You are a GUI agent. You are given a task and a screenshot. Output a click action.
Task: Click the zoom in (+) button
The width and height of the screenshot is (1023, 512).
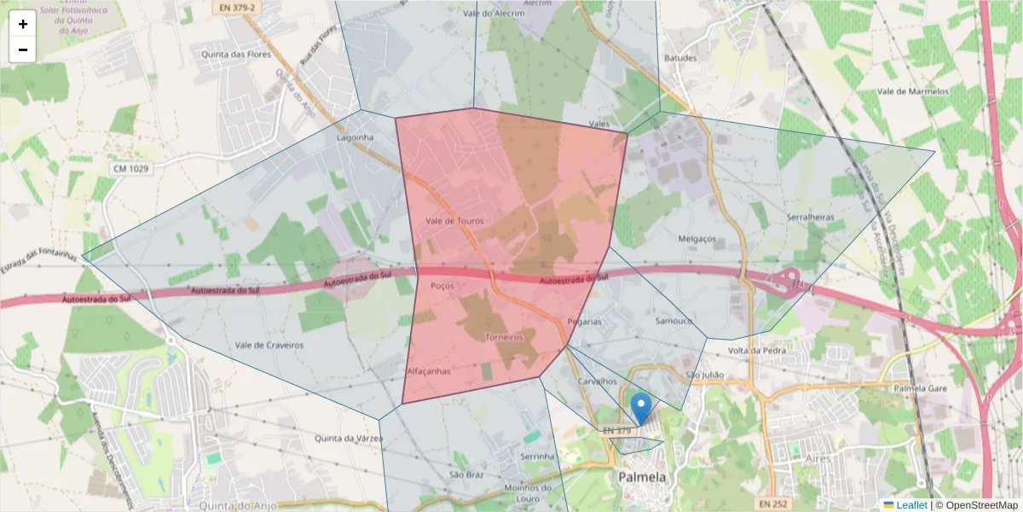click(23, 24)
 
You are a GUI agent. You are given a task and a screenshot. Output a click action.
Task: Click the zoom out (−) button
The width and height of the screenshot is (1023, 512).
click(23, 49)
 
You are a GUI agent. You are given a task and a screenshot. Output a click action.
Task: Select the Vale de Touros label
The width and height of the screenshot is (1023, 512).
click(454, 221)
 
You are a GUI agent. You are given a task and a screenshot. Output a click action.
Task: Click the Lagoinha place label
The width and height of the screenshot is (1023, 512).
click(355, 137)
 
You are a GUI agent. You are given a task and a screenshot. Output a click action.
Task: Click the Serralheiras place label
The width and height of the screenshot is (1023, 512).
click(810, 218)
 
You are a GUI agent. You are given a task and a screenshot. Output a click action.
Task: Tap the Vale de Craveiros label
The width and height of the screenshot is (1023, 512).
click(269, 345)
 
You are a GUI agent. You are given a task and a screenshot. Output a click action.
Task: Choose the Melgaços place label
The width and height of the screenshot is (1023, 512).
click(696, 239)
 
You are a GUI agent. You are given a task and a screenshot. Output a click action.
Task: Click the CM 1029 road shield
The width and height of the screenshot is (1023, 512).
click(130, 169)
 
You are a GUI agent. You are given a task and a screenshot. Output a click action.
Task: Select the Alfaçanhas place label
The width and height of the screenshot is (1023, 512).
click(428, 372)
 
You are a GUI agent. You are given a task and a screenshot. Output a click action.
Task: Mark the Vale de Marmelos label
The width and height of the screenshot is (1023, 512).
click(913, 91)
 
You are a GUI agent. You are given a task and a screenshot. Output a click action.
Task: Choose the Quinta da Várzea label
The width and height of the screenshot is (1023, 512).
click(348, 439)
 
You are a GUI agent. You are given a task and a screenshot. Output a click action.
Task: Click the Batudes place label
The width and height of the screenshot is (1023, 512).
click(680, 58)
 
